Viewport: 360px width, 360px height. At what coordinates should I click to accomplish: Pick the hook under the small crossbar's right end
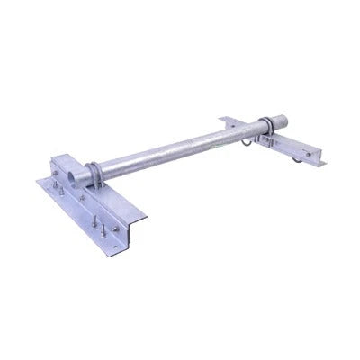293,163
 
